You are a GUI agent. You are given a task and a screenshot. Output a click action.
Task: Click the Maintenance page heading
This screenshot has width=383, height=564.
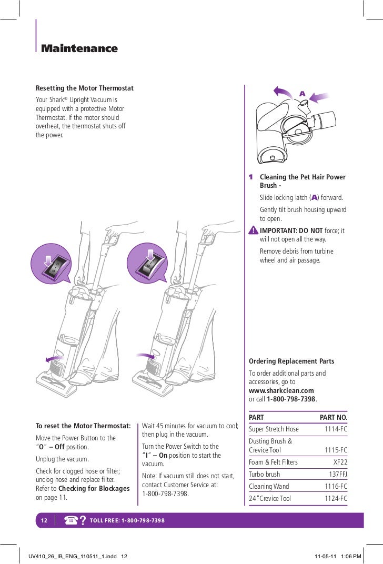click(79, 49)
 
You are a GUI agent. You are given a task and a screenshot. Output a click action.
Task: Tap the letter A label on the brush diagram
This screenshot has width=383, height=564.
click(302, 93)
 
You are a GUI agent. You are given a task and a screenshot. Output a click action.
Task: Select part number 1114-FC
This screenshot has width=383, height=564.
click(336, 429)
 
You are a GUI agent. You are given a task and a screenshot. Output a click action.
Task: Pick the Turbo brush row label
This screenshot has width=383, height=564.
click(265, 474)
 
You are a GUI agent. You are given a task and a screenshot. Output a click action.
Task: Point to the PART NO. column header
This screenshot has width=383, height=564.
click(334, 417)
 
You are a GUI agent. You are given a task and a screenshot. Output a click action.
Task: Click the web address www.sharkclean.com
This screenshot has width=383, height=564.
click(281, 390)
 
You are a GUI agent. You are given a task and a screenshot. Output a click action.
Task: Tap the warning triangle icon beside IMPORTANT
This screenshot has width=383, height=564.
click(254, 230)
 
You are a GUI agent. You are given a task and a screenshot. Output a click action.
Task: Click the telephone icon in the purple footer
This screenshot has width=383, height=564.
click(72, 520)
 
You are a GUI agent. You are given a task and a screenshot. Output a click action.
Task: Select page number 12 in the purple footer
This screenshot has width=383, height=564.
click(45, 520)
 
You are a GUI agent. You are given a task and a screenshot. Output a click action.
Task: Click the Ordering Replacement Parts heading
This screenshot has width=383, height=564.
click(291, 361)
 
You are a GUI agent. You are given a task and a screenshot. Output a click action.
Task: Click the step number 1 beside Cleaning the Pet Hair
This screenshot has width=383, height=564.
click(251, 177)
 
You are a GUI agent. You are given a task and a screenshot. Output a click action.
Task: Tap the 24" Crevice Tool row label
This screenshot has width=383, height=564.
click(270, 498)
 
